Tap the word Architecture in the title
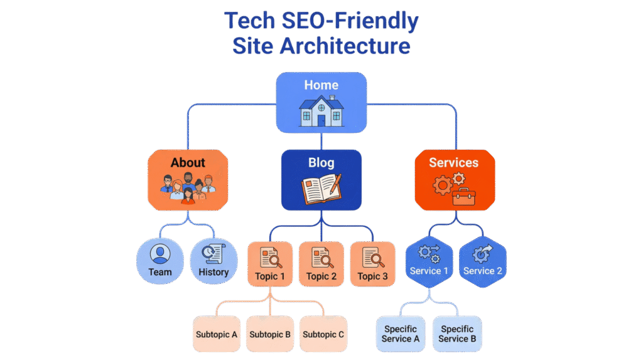click(354, 46)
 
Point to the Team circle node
click(160, 261)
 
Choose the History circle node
click(213, 261)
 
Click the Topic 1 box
click(270, 264)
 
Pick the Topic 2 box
click(321, 264)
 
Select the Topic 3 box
click(372, 264)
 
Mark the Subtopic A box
click(217, 334)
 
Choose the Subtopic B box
click(270, 334)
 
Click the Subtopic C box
click(323, 334)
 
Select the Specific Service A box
click(401, 334)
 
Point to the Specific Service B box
click(457, 334)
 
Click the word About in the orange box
click(188, 162)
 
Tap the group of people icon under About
click(188, 188)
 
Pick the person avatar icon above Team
click(160, 254)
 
